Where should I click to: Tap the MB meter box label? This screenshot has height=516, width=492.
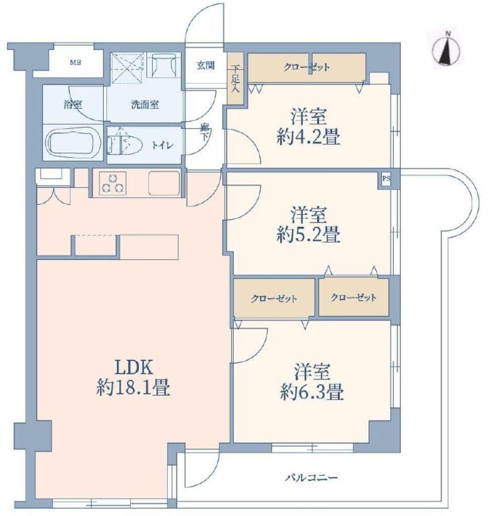(x=76, y=62)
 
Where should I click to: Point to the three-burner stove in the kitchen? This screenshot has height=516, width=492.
(x=112, y=183)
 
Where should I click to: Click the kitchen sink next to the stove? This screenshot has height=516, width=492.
(x=164, y=183)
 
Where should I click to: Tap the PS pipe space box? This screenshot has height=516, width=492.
(x=386, y=179)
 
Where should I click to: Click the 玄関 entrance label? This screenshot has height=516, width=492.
(x=206, y=65)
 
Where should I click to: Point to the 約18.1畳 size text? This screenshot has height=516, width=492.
(x=134, y=388)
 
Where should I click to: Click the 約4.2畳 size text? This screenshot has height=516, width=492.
(x=309, y=137)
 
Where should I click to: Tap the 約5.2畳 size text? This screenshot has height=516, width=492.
(x=309, y=235)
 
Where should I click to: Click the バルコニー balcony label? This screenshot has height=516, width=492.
(x=312, y=477)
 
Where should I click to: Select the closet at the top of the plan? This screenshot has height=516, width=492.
(x=306, y=68)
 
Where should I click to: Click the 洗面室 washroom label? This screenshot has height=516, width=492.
(x=145, y=105)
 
